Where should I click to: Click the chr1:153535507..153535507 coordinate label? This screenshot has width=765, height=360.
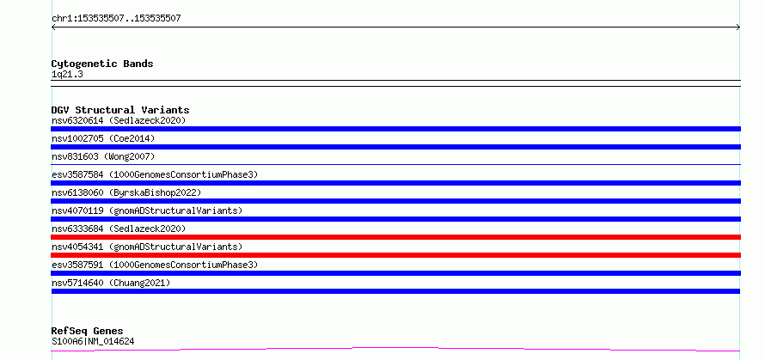pos(116,19)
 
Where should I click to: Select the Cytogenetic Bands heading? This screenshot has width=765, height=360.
pos(102,64)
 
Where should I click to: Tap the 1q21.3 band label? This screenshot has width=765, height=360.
pos(64,74)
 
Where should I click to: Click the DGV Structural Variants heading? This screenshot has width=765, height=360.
pos(120,110)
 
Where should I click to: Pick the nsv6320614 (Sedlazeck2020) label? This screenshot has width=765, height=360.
pos(119,120)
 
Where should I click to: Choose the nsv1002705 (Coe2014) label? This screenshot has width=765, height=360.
pos(103,138)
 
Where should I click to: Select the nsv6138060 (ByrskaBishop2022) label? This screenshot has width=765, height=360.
pos(126,192)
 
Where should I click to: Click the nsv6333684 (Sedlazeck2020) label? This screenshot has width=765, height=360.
pos(119,229)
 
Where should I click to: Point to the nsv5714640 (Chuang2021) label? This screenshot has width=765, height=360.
pos(111,283)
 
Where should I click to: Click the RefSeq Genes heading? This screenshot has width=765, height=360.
pos(87,332)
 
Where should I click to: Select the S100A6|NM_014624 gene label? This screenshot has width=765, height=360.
pos(93,341)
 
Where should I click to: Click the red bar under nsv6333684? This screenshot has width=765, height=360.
pos(395,237)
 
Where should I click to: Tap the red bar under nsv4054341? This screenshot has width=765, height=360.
pos(395,255)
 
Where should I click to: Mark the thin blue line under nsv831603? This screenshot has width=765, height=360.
pos(395,164)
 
